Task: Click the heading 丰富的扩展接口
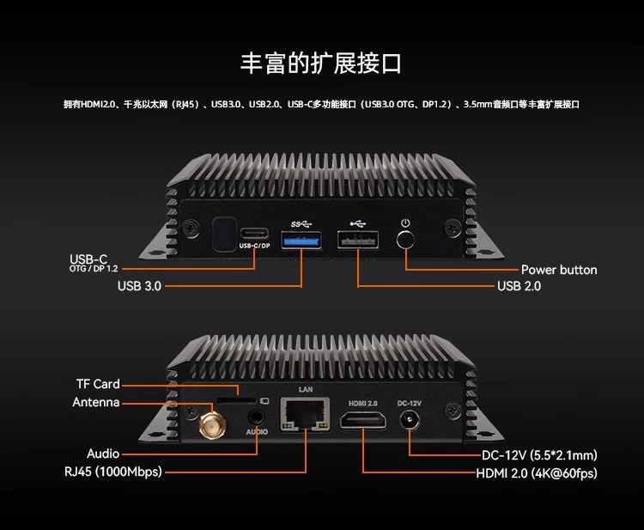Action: [321, 63]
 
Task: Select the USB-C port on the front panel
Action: [254, 234]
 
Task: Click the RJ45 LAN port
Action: [307, 420]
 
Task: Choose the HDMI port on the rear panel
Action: [362, 421]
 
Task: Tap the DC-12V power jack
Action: [409, 420]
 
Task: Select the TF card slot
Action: [239, 400]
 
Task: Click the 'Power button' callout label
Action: [559, 270]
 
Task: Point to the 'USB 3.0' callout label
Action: [139, 286]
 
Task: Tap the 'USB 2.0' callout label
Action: [519, 286]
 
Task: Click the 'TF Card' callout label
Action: [98, 384]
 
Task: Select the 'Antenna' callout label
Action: [96, 403]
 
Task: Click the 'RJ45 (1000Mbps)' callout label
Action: [112, 472]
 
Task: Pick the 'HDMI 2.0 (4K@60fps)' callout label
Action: [537, 473]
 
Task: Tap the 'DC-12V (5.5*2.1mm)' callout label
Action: [539, 455]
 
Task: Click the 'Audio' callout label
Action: [103, 454]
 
